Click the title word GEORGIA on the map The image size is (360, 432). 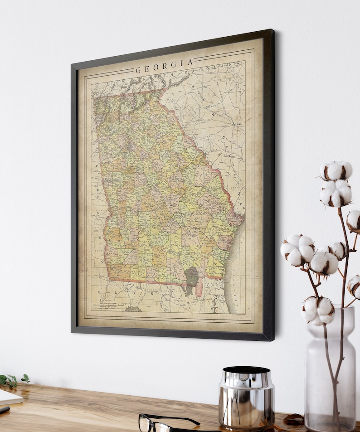pos(165,66)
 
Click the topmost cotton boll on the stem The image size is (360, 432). pos(336,171)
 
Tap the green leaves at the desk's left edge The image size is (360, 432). pos(14,380)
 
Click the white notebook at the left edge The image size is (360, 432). pos(9,398)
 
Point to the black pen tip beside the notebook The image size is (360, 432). pos(4,409)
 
